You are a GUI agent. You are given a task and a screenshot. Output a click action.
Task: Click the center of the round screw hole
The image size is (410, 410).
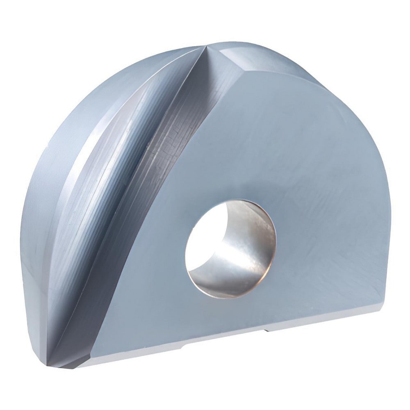(x=230, y=249)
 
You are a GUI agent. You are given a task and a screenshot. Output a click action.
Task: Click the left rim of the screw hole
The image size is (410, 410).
(x=187, y=250)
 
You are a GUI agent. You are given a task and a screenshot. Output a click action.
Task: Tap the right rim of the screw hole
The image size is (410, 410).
(x=275, y=246)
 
